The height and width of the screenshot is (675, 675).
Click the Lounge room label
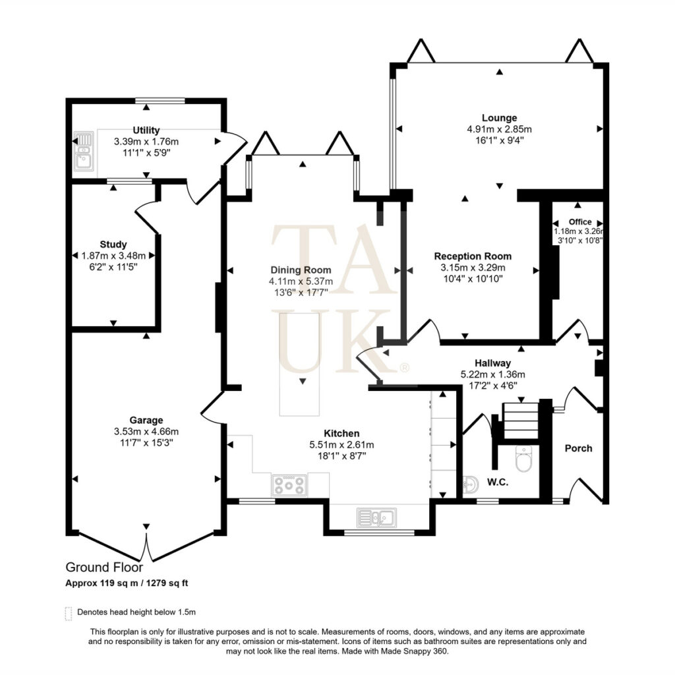(500, 117)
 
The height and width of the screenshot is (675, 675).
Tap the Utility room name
(146, 130)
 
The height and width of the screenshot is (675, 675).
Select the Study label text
(113, 245)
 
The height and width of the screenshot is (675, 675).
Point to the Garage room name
(146, 420)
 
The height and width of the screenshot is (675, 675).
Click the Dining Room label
(301, 270)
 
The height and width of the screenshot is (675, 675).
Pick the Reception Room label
(473, 256)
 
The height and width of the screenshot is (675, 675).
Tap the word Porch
(579, 448)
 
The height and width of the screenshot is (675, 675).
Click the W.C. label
(498, 482)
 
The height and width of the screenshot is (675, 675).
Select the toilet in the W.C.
(523, 459)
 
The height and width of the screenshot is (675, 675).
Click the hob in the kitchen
(289, 485)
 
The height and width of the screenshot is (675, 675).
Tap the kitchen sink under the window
(376, 517)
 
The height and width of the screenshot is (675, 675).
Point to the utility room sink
(83, 151)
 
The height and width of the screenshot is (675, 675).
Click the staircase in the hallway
(520, 421)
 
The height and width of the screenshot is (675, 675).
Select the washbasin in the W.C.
(471, 486)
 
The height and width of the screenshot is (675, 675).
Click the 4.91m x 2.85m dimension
(500, 129)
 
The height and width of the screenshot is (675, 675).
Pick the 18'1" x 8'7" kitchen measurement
(342, 456)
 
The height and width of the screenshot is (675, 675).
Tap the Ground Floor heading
(104, 568)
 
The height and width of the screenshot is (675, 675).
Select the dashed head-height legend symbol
(68, 614)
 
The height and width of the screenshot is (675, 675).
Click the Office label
(580, 221)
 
